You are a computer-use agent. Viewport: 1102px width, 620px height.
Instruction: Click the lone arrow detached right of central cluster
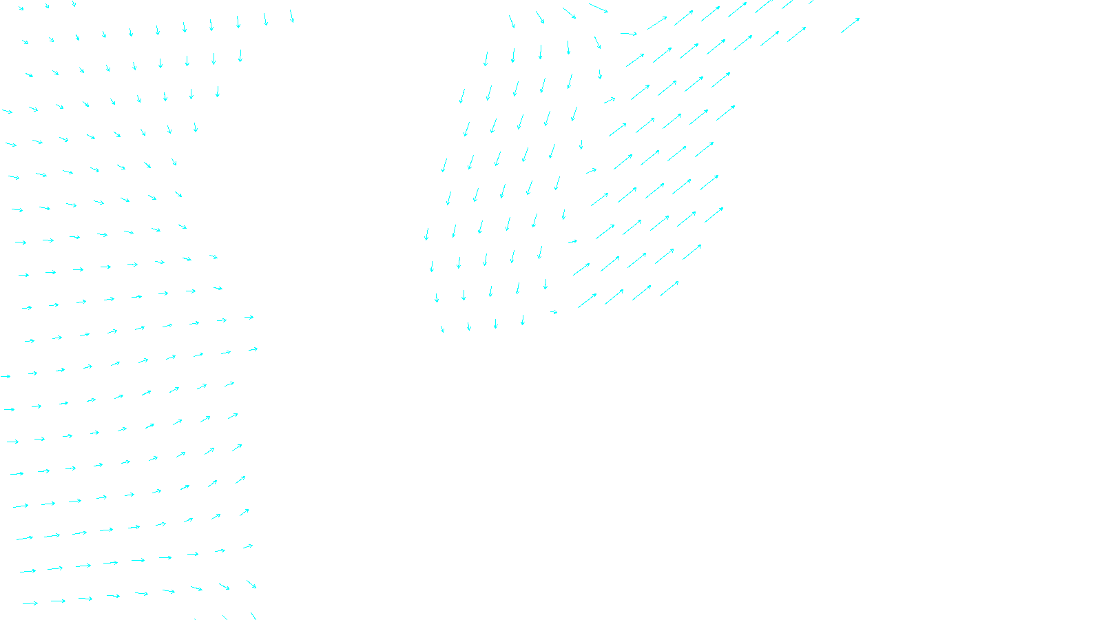pyautogui.click(x=850, y=25)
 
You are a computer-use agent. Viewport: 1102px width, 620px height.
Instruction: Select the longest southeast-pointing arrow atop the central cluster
pyautogui.click(x=599, y=8)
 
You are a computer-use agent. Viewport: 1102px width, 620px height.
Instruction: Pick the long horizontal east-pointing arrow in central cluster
pyautogui.click(x=629, y=33)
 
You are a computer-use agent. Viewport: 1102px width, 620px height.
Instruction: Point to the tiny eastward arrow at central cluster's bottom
pyautogui.click(x=554, y=312)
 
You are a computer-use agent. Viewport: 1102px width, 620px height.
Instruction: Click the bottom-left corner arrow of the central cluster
pyautogui.click(x=442, y=329)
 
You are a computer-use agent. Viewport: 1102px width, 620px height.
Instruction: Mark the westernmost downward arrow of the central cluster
pyautogui.click(x=426, y=234)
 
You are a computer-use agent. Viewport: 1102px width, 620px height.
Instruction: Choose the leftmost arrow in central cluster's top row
pyautogui.click(x=512, y=21)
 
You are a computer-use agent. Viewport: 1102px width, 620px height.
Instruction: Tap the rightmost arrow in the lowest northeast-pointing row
pyautogui.click(x=669, y=289)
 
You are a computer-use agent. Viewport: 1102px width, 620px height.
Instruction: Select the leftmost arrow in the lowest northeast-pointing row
pyautogui.click(x=588, y=300)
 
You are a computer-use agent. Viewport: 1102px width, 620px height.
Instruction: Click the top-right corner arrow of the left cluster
pyautogui.click(x=291, y=16)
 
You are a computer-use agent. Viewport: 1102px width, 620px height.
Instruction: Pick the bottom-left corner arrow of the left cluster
pyautogui.click(x=30, y=603)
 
